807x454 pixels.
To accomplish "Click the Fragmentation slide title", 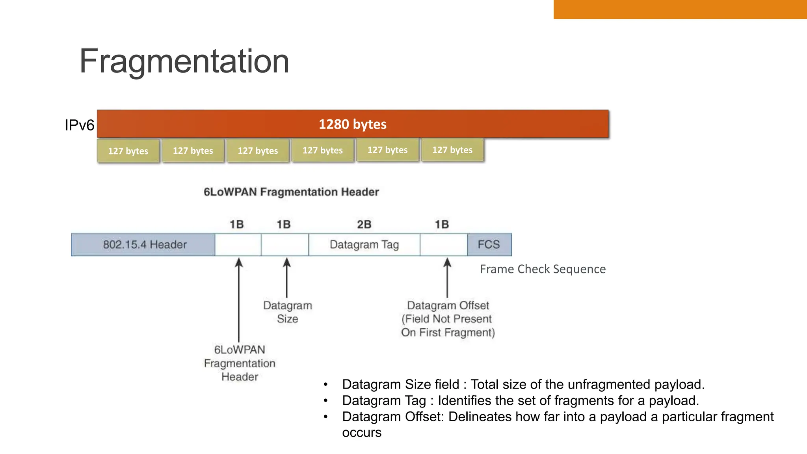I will [x=184, y=61].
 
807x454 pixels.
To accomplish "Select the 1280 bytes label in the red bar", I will [x=352, y=124].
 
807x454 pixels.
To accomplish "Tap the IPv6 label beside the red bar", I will [x=79, y=125].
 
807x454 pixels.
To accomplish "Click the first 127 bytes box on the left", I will [x=128, y=151].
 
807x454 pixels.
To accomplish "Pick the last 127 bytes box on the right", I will [x=452, y=150].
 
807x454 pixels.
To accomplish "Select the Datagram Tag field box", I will [x=364, y=245].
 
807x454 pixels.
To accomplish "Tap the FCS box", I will [x=489, y=245].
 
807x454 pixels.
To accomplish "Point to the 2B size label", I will [x=364, y=224].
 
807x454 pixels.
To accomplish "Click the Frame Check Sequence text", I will [x=543, y=269].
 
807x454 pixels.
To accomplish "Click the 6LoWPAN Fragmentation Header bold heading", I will [x=291, y=192].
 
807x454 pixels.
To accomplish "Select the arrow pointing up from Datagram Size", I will [x=287, y=277].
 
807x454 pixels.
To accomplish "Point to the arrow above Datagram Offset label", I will [x=447, y=277].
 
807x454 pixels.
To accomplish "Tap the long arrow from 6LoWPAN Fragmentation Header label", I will [x=239, y=300].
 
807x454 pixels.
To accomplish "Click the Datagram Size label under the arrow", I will [x=287, y=312].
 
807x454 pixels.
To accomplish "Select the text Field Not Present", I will [x=448, y=319].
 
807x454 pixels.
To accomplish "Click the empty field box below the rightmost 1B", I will [x=443, y=245].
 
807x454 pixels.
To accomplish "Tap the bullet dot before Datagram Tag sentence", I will [x=325, y=401].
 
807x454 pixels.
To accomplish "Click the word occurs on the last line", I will [x=362, y=432].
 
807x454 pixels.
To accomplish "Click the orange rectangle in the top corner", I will [x=680, y=9].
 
